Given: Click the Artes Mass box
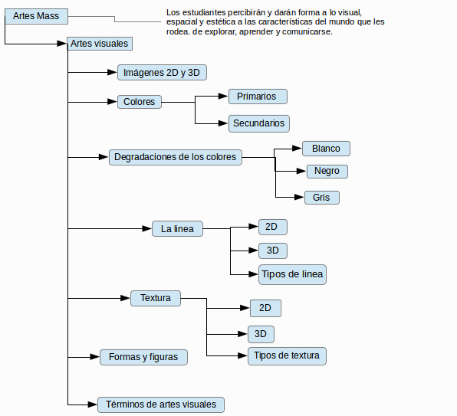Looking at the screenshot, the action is click(37, 16).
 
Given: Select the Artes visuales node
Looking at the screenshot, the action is click(100, 44).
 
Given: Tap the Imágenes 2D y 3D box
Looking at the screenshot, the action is click(162, 73).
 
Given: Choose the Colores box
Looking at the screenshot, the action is click(140, 102).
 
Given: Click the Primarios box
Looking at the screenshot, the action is click(258, 97).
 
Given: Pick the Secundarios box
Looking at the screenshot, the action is click(259, 123).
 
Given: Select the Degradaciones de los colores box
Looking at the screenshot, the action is click(176, 157).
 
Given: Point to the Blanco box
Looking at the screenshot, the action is click(326, 149).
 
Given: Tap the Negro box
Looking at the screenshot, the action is click(327, 172).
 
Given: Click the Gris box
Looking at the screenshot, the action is click(322, 198).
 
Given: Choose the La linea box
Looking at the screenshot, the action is click(177, 229).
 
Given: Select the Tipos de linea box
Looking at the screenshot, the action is click(292, 274).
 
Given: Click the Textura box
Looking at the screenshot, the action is click(156, 298).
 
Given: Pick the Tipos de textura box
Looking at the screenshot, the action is click(287, 356).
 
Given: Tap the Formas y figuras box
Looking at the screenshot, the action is click(143, 357).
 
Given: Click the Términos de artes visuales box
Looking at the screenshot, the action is click(161, 405).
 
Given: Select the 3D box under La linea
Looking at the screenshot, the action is click(273, 251).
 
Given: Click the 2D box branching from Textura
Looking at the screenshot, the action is click(265, 308).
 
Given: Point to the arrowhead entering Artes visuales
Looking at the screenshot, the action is click(62, 44).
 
